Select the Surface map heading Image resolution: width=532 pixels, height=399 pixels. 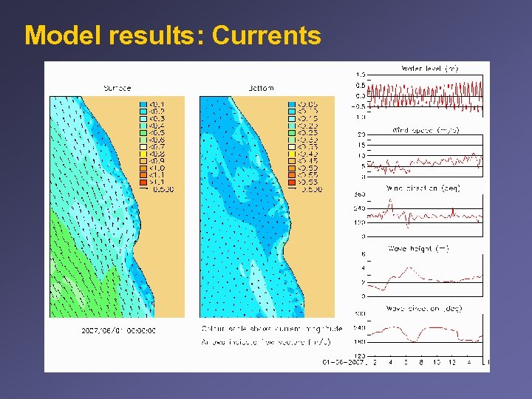click(116, 88)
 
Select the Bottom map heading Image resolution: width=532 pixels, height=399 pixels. click(261, 88)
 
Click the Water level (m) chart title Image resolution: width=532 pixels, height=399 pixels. click(429, 68)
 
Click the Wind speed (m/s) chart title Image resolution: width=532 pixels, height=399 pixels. click(425, 130)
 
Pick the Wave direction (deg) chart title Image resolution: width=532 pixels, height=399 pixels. click(424, 308)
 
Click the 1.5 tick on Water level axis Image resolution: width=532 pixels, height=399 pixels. click(361, 75)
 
